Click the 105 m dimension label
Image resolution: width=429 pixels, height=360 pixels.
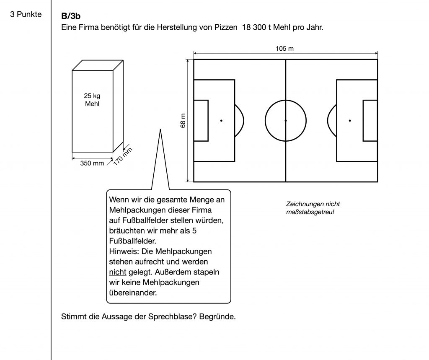tap(285, 49)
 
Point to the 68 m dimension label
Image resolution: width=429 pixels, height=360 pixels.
tap(183, 121)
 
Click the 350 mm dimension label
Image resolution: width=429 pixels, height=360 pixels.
tap(92, 163)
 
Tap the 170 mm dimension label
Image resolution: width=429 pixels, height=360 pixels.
tap(123, 156)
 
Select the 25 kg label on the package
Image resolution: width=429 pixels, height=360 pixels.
tap(92, 96)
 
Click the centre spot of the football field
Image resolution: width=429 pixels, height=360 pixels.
tap(286, 121)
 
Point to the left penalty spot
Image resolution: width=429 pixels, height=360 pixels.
tap(221, 121)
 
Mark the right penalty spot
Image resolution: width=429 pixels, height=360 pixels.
tap(350, 121)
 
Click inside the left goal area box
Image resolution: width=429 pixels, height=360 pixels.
tap(201, 121)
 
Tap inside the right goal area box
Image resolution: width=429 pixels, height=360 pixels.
tap(370, 121)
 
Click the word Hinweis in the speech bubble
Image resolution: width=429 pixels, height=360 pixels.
tap(122, 252)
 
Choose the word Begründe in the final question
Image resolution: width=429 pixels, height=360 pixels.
tap(217, 316)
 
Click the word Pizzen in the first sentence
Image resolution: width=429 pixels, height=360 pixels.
tap(225, 28)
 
